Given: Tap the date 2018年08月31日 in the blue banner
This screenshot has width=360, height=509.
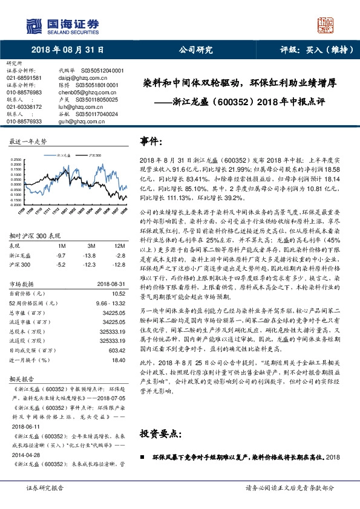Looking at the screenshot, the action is pyautogui.click(x=67, y=50).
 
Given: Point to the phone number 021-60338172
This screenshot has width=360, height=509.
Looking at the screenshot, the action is pyautogui.click(x=24, y=106).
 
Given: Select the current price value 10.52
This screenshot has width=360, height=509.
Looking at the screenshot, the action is pyautogui.click(x=117, y=293).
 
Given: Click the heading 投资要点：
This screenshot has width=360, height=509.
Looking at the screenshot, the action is pyautogui.click(x=162, y=434).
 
